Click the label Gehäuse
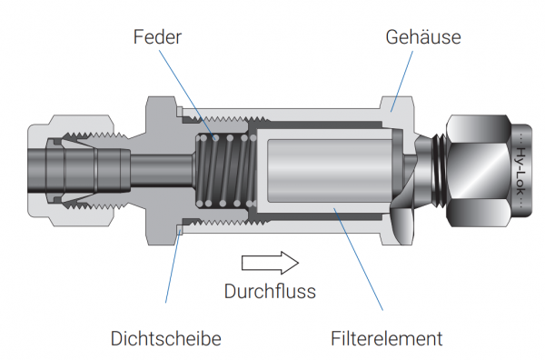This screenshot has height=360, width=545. point(423,37)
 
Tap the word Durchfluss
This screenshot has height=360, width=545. point(270,291)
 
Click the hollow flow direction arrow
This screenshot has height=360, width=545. point(270,263)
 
